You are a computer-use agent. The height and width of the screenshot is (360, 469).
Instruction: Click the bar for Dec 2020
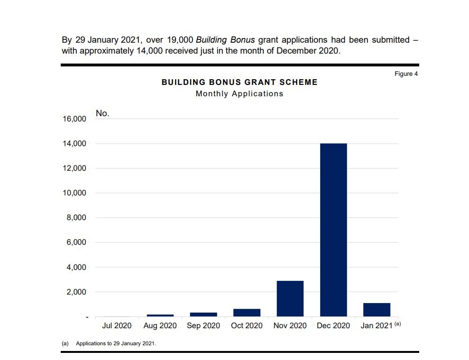[x=333, y=230]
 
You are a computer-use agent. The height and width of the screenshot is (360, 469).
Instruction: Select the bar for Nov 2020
[x=290, y=298]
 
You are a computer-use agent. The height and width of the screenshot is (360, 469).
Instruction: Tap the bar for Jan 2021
[x=377, y=309]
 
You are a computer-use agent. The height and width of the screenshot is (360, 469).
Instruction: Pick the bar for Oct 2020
[x=247, y=313]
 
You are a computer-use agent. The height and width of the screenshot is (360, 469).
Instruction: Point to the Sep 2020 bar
[x=203, y=314]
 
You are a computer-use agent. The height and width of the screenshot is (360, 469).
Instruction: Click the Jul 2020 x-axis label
[x=117, y=325]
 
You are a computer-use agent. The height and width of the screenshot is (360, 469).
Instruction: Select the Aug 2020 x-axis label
[x=160, y=325]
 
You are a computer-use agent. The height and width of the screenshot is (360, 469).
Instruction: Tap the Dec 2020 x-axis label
[x=333, y=325]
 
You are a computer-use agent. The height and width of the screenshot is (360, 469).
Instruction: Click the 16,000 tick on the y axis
[x=74, y=119]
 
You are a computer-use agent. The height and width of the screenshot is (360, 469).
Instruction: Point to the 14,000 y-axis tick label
[x=74, y=144]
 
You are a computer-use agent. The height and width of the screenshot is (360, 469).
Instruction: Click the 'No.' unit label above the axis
[x=102, y=113]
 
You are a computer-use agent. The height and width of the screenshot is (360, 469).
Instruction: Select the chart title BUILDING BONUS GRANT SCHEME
[x=239, y=82]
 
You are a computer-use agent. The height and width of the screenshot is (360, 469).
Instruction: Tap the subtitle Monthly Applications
[x=239, y=94]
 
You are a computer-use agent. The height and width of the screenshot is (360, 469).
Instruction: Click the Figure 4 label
[x=406, y=74]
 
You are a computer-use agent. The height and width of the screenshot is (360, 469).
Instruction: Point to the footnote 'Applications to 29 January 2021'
[x=116, y=343]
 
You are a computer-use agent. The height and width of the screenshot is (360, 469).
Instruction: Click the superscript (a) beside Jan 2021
[x=397, y=323]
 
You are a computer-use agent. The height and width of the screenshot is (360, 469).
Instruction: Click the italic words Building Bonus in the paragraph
[x=225, y=40]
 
